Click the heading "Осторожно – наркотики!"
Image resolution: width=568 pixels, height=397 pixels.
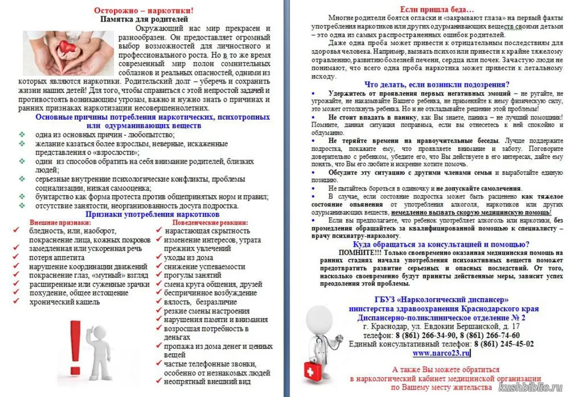pyautogui.click(x=144, y=10)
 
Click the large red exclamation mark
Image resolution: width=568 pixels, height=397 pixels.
pyautogui.click(x=77, y=348)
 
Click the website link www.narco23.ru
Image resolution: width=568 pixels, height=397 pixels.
pyautogui.click(x=441, y=353)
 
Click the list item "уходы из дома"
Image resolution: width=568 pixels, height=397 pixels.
pyautogui.click(x=189, y=257)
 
